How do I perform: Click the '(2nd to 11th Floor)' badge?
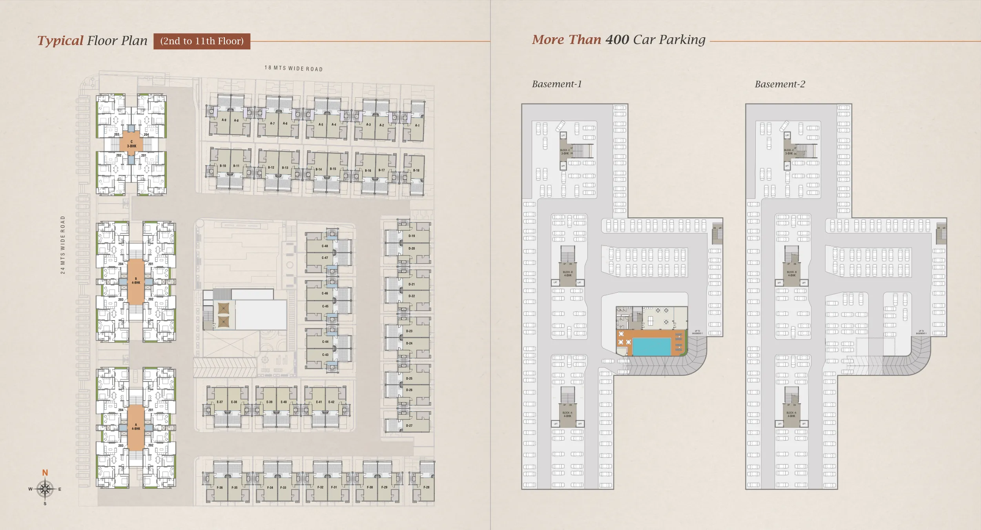coord(202,41)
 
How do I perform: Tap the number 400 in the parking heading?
coord(617,40)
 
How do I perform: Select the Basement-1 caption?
coord(556,84)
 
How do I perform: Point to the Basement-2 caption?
coord(780,84)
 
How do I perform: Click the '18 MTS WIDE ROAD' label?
coord(294,69)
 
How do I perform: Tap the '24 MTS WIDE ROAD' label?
coord(63,245)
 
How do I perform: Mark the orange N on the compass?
coord(45,473)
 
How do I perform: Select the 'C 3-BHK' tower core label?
coord(131,144)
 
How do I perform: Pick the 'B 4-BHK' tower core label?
coord(136,281)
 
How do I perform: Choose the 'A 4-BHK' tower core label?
coord(136,427)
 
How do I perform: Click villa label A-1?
coord(417,126)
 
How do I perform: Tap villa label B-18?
coord(416,171)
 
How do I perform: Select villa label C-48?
coord(325,246)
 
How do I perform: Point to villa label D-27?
coord(409,426)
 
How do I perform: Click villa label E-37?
coord(220,402)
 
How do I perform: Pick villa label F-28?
coord(426,487)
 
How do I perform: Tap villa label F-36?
coord(220,488)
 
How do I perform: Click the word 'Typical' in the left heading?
coord(60,41)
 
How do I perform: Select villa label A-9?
coord(224,120)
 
